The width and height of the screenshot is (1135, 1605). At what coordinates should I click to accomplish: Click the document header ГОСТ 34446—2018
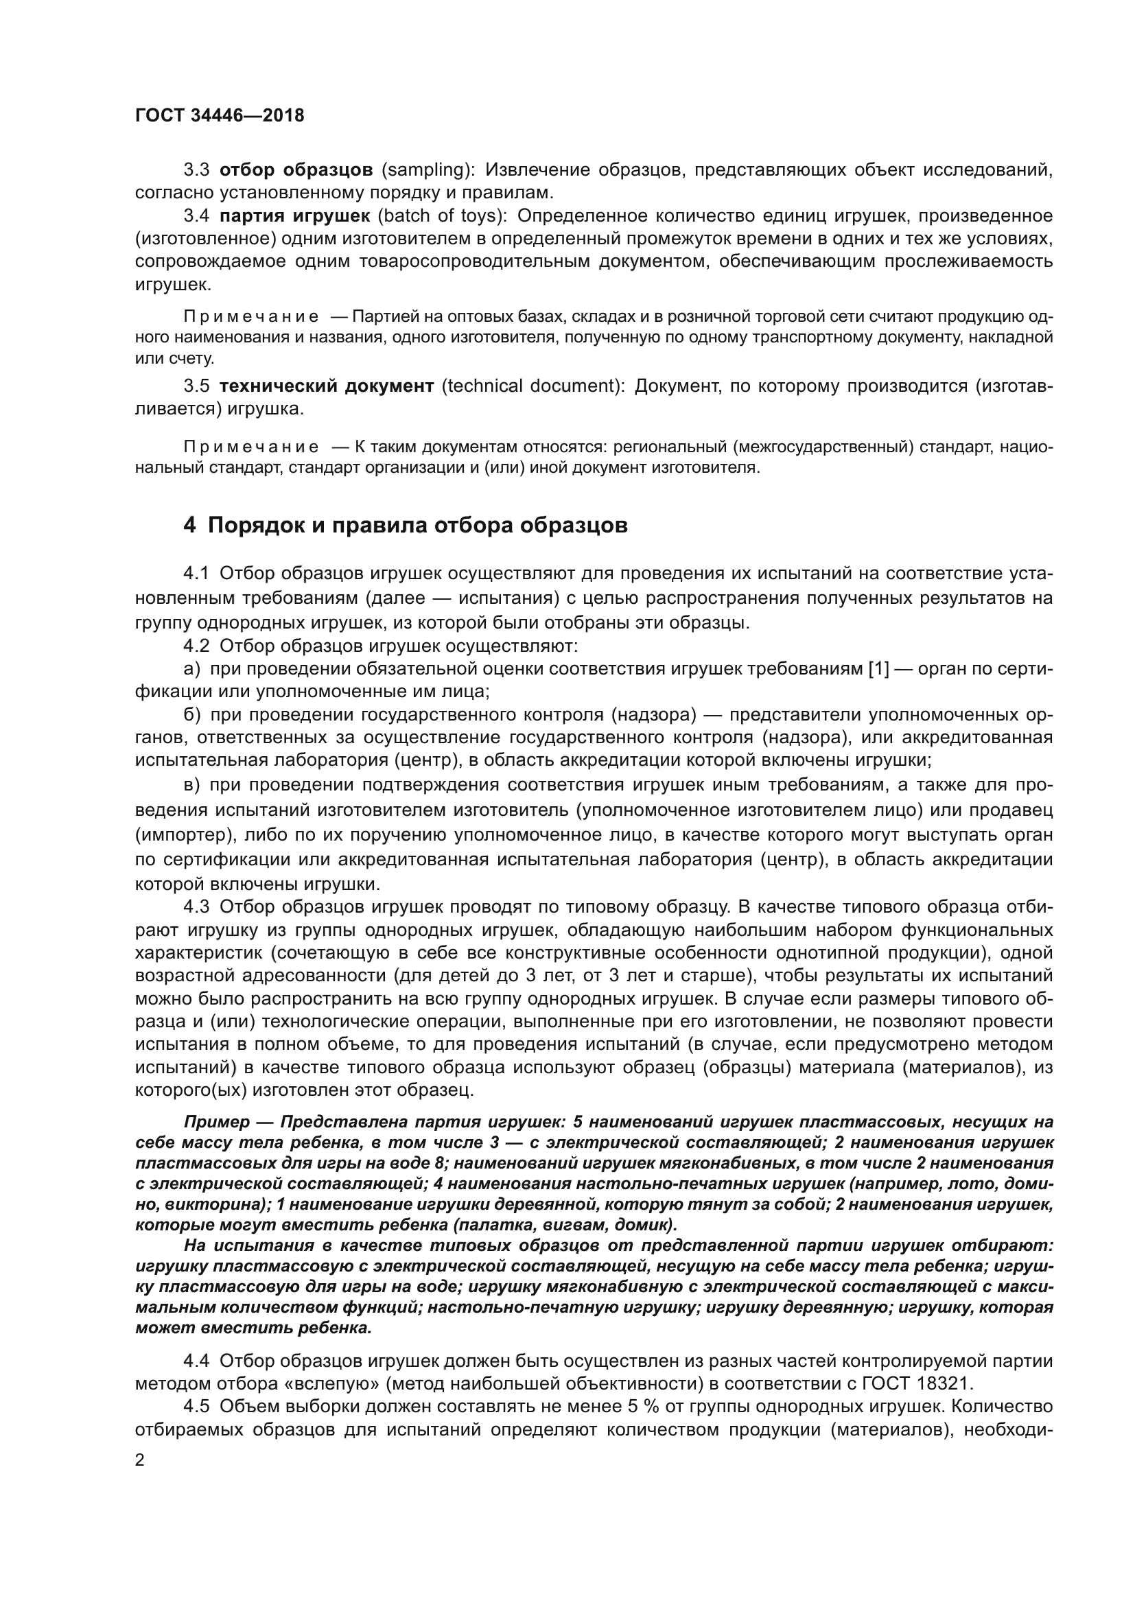pyautogui.click(x=220, y=116)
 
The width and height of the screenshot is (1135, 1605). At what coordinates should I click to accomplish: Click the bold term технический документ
pyautogui.click(x=327, y=386)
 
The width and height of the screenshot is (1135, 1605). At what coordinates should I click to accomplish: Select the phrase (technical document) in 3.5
pyautogui.click(x=535, y=386)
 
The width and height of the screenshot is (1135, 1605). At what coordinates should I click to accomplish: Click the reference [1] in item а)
pyautogui.click(x=878, y=669)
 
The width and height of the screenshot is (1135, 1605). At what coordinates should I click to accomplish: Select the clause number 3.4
pyautogui.click(x=196, y=215)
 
